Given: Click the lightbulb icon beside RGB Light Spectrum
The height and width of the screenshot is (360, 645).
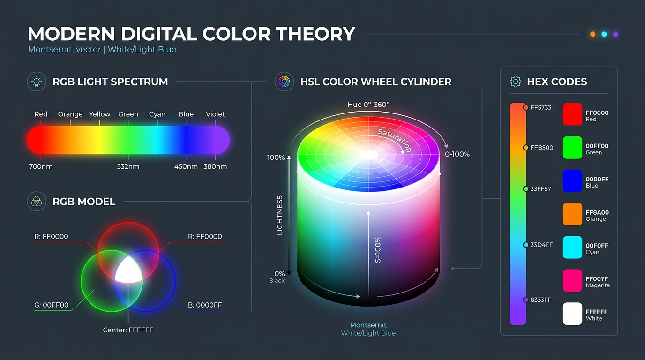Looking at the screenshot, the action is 37,82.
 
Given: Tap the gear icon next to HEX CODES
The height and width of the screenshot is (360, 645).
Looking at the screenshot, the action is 516,82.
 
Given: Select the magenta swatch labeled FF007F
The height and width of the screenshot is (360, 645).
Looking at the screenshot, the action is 572,280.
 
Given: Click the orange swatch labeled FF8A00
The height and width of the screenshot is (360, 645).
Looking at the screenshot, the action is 572,214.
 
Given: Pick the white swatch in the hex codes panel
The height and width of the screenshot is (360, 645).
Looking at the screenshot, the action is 572,314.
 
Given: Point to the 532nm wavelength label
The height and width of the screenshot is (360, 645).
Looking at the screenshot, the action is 128,166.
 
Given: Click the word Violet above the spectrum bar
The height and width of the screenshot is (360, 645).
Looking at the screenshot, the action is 215,114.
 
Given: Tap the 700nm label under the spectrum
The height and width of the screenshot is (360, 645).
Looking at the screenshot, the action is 41,166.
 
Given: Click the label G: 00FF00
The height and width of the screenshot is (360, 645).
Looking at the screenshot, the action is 52,305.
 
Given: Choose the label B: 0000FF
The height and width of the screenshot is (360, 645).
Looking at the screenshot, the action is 205,305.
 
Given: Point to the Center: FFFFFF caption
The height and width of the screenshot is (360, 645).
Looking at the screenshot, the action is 128,330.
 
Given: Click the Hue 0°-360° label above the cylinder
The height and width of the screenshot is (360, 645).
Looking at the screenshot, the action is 368,105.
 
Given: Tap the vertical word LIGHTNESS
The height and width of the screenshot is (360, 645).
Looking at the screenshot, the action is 279,216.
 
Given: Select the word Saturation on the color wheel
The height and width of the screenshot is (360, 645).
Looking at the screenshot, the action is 395,140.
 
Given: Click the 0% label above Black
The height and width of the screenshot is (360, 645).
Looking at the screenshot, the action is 279,274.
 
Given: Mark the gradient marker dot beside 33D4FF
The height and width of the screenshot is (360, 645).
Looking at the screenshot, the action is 526,245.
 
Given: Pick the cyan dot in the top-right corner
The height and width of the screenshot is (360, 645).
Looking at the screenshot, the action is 604,34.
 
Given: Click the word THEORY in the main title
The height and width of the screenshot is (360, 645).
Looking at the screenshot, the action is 315,34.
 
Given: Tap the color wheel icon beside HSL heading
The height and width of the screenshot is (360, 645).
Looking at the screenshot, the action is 284,82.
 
